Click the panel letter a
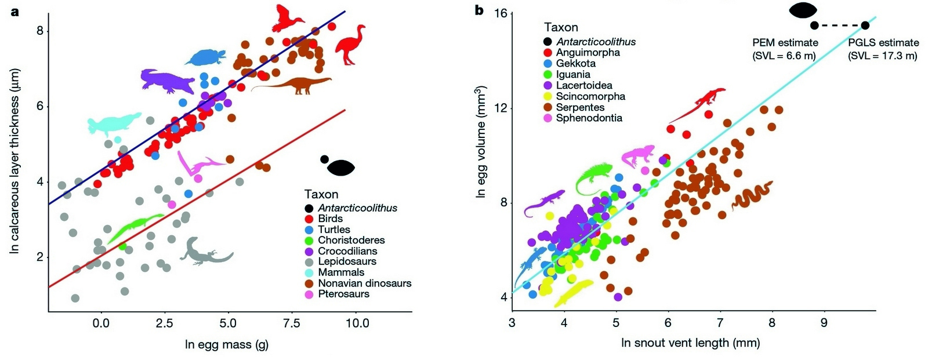[x=14, y=10]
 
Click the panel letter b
[x=479, y=10]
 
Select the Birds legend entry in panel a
[x=330, y=219]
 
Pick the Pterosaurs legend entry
[x=343, y=294]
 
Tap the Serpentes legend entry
[x=580, y=107]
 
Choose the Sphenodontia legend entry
[x=589, y=118]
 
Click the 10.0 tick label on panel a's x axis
[x=357, y=323]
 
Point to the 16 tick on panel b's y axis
[x=499, y=13]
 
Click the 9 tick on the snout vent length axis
[x=824, y=323]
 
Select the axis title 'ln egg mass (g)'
[x=226, y=345]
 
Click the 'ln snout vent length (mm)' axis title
[x=690, y=343]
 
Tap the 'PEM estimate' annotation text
[x=785, y=43]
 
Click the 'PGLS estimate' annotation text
[x=883, y=43]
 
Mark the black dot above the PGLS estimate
[x=865, y=25]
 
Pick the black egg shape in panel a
[x=340, y=168]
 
